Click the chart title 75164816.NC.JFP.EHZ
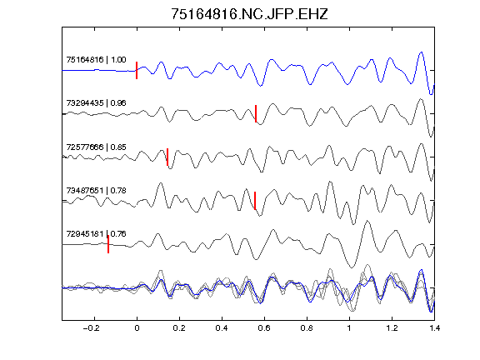(249, 14)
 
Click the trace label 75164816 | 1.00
(96, 59)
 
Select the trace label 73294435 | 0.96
(96, 102)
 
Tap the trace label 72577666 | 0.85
(96, 147)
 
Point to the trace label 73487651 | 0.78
(96, 190)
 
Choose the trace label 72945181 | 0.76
(96, 234)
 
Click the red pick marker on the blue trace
(137, 70)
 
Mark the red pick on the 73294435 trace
(256, 113)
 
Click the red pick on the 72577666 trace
(167, 157)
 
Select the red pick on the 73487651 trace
(255, 201)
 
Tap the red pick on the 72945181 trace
(108, 244)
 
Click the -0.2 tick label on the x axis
(92, 328)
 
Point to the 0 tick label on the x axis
(137, 328)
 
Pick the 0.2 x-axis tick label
(179, 328)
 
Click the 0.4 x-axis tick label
(222, 328)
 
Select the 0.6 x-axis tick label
(264, 328)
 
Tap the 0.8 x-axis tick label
(307, 328)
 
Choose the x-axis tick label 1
(349, 328)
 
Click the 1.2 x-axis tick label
(392, 328)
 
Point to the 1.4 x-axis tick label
(434, 328)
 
